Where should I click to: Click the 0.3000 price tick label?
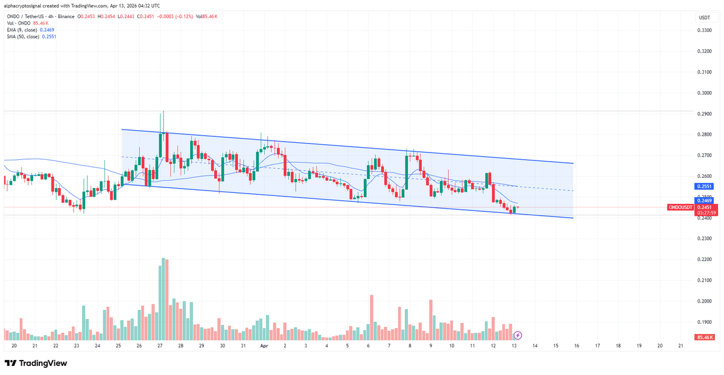(704, 93)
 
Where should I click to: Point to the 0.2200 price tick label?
(704, 259)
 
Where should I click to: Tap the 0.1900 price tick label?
(704, 322)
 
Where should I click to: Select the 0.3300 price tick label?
(704, 30)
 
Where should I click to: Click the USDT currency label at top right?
(704, 18)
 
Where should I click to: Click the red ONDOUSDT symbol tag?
(683, 207)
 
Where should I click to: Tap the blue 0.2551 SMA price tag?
(704, 187)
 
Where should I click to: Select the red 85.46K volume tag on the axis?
(704, 337)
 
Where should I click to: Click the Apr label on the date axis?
(264, 347)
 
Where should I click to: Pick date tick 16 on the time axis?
(576, 347)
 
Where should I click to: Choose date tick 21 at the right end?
(681, 347)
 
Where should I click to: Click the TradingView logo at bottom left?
(36, 364)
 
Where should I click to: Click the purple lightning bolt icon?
(517, 335)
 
